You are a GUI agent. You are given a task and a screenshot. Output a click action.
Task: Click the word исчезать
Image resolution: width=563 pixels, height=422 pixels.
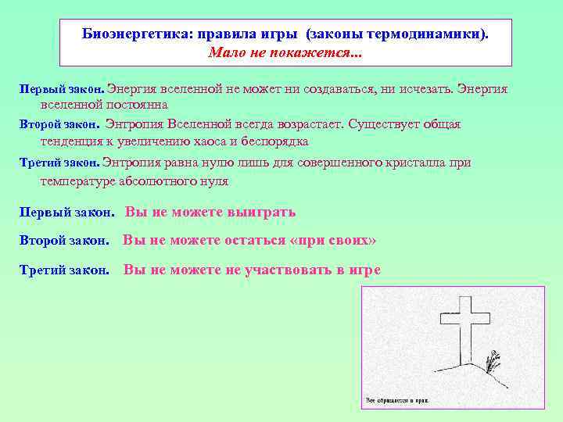(425, 89)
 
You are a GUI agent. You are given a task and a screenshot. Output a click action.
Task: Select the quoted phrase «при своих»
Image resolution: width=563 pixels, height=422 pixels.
(332, 240)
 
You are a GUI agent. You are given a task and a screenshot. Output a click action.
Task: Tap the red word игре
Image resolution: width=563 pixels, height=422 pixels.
(364, 270)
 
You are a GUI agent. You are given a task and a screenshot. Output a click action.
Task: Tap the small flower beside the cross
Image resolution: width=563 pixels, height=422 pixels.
(493, 361)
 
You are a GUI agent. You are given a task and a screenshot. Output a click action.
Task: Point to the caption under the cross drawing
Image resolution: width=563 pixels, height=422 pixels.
(397, 400)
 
